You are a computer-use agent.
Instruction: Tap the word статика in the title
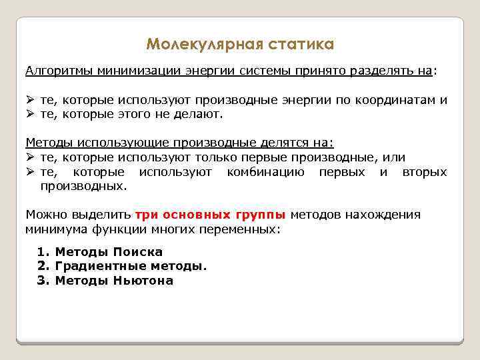[x=301, y=45]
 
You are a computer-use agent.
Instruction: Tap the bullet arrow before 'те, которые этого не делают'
[x=30, y=114]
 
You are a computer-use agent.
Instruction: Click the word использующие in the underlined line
[x=123, y=143]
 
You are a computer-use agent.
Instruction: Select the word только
[x=220, y=157]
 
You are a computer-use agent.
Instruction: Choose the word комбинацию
[x=265, y=172]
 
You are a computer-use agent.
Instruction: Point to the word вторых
[x=425, y=172]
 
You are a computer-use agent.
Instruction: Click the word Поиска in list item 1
[x=137, y=252]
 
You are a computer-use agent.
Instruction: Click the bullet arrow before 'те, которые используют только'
[x=30, y=157]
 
